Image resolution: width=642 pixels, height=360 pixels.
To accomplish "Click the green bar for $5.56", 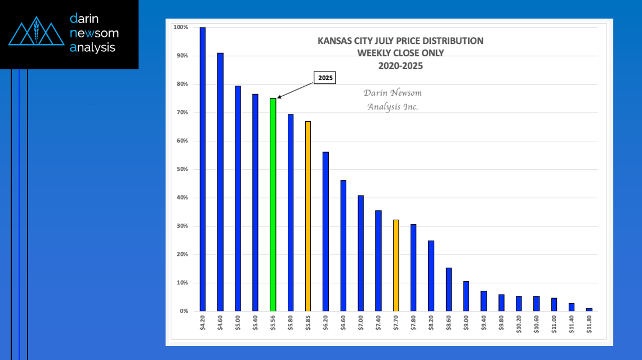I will click(273, 205).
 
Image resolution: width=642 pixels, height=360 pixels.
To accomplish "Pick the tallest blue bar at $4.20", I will click(203, 169).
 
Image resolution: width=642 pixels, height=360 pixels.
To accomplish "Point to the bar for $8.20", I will click(431, 275).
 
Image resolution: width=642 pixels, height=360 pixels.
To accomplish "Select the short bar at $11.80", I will click(589, 309).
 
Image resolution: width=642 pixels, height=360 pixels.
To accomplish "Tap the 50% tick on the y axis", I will click(181, 169).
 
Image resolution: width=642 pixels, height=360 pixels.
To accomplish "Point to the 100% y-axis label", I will click(181, 27).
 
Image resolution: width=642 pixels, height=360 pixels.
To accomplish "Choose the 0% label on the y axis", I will click(184, 311).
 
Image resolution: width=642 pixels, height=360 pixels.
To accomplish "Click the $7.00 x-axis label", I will click(361, 325).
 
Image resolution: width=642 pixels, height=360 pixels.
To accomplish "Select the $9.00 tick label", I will click(466, 325).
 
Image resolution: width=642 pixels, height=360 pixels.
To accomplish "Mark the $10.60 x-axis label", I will click(537, 326).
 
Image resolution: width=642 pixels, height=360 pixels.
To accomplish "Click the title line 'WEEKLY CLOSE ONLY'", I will click(400, 53).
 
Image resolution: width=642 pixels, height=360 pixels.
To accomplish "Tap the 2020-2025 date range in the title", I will click(400, 65).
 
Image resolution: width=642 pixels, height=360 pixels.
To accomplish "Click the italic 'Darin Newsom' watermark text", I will click(392, 93).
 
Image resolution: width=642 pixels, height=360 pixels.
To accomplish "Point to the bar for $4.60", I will click(220, 182).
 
